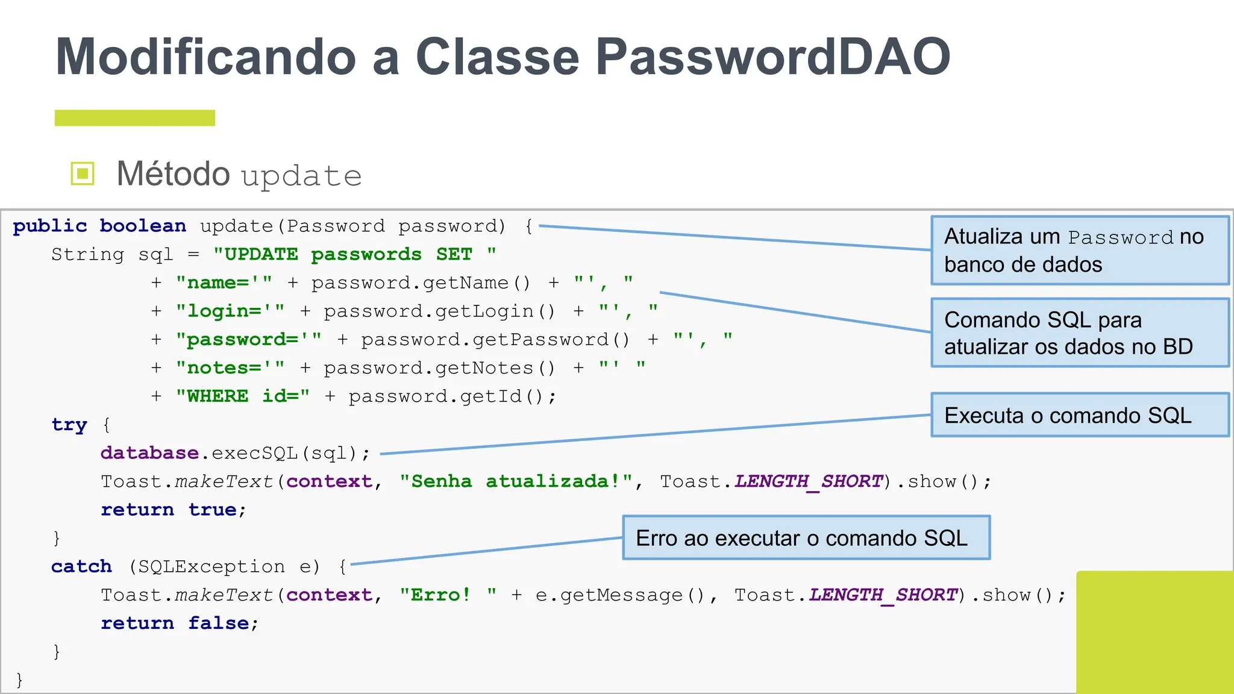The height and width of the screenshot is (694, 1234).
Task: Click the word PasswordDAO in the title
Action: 772,57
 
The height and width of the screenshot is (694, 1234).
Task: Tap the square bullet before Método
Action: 83,174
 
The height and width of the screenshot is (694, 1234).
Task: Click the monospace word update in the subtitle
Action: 301,176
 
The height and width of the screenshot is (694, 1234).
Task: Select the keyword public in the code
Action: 50,226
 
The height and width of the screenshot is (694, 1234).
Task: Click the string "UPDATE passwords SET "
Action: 355,254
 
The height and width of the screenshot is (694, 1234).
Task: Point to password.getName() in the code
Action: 421,283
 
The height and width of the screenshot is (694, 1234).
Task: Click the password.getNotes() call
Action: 439,367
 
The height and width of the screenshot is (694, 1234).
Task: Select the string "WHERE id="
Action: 243,396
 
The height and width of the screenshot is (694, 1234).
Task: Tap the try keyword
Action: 69,424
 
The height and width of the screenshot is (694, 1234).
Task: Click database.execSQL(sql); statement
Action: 235,452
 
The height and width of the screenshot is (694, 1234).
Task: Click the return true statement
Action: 173,509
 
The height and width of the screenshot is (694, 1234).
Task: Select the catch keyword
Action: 81,566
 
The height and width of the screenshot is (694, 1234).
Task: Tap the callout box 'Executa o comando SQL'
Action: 1080,415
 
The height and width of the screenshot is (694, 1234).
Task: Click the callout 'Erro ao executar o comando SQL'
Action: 806,537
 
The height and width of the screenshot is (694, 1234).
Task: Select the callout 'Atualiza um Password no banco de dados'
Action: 1080,250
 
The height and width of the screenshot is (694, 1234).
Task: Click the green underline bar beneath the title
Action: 134,117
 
